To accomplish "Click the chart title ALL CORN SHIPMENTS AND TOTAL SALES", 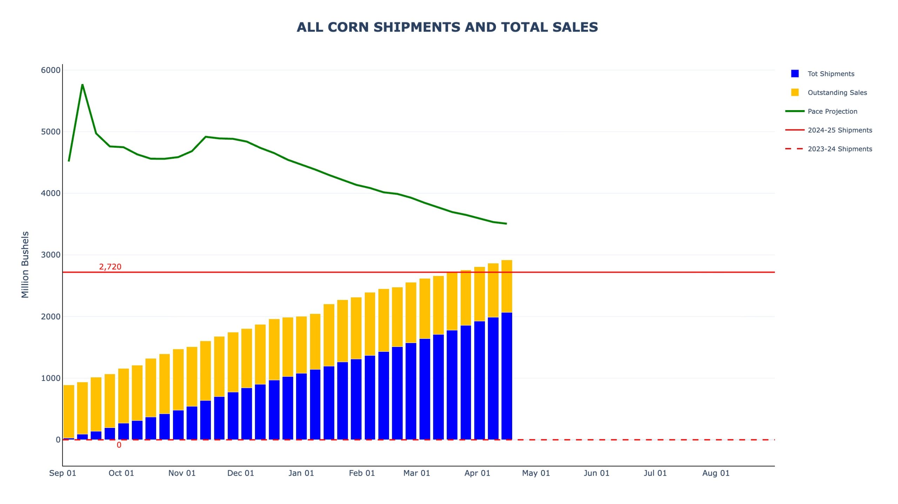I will (x=447, y=27).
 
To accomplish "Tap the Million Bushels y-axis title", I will (x=25, y=264).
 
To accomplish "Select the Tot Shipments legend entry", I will (x=831, y=74).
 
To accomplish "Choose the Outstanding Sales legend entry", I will (x=837, y=93).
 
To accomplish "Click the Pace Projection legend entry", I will (x=832, y=112).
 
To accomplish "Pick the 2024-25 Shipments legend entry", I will (x=839, y=130).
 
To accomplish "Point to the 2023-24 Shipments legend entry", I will (x=839, y=149).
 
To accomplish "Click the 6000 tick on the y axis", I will (x=51, y=70).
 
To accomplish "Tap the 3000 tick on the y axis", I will (x=51, y=255).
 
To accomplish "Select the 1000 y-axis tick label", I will (x=51, y=378).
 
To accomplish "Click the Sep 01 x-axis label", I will (x=62, y=473).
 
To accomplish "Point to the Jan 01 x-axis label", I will (x=301, y=473).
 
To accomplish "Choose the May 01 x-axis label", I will (x=536, y=473).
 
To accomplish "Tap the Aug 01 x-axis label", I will (x=716, y=473).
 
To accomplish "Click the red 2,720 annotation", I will (x=110, y=267).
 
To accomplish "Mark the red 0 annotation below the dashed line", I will (x=119, y=445).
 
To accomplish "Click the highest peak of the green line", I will (x=82, y=85).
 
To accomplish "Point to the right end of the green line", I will (x=506, y=223).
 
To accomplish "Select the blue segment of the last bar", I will (x=507, y=375).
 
